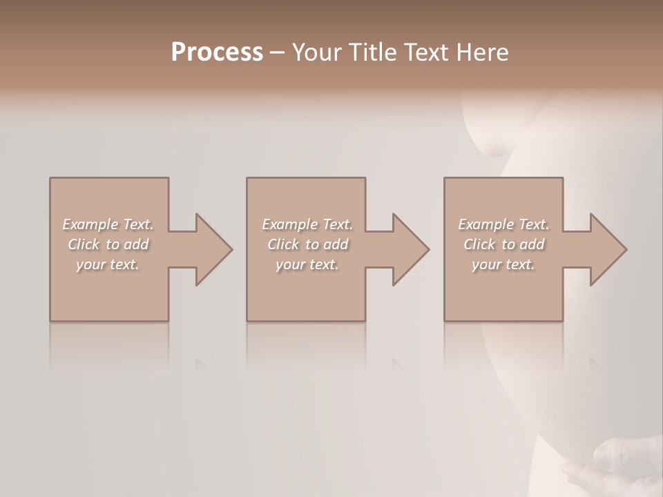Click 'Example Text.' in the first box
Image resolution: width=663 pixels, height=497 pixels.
click(x=108, y=224)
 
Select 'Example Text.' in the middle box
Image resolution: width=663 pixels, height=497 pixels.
click(x=307, y=224)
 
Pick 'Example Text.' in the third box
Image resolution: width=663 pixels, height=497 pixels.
click(x=503, y=224)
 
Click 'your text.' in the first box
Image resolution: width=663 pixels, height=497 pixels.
click(x=108, y=264)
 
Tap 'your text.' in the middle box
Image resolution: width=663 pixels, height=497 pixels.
click(x=307, y=264)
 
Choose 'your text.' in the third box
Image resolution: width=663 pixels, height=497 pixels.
click(x=503, y=264)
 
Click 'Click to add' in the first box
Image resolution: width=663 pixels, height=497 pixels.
click(x=108, y=244)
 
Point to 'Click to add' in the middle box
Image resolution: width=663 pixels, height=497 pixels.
click(x=307, y=244)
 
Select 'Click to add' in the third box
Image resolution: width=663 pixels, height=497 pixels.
click(x=503, y=244)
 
